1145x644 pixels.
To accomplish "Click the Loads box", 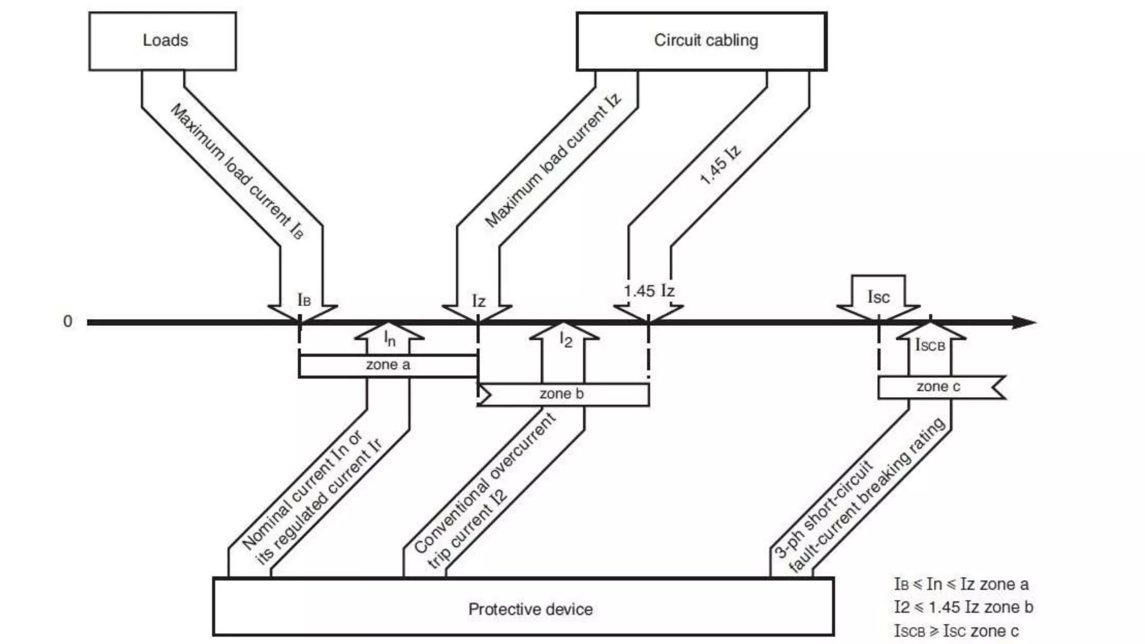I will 162,41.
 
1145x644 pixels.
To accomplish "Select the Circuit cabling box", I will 701,41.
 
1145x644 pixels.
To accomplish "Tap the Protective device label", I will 530,609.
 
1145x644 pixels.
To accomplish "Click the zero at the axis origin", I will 68,322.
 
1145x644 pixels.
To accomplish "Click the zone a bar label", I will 388,365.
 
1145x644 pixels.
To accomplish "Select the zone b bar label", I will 561,394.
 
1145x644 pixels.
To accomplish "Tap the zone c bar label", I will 938,387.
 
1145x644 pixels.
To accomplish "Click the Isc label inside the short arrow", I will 878,297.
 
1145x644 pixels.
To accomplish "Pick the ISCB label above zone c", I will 930,345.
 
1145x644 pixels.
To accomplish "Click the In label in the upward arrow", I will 390,338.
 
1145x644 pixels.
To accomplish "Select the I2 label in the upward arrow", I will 566,339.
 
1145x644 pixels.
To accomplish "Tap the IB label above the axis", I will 304,300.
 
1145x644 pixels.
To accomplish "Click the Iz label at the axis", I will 479,301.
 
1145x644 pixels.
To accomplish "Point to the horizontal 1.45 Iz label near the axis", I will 649,291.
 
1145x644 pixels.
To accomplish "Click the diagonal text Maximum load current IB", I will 237,172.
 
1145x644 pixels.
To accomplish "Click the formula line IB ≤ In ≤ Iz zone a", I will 961,584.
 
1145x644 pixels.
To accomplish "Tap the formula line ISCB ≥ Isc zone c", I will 956,631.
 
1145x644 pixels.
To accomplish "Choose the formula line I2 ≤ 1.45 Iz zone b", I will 963,607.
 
